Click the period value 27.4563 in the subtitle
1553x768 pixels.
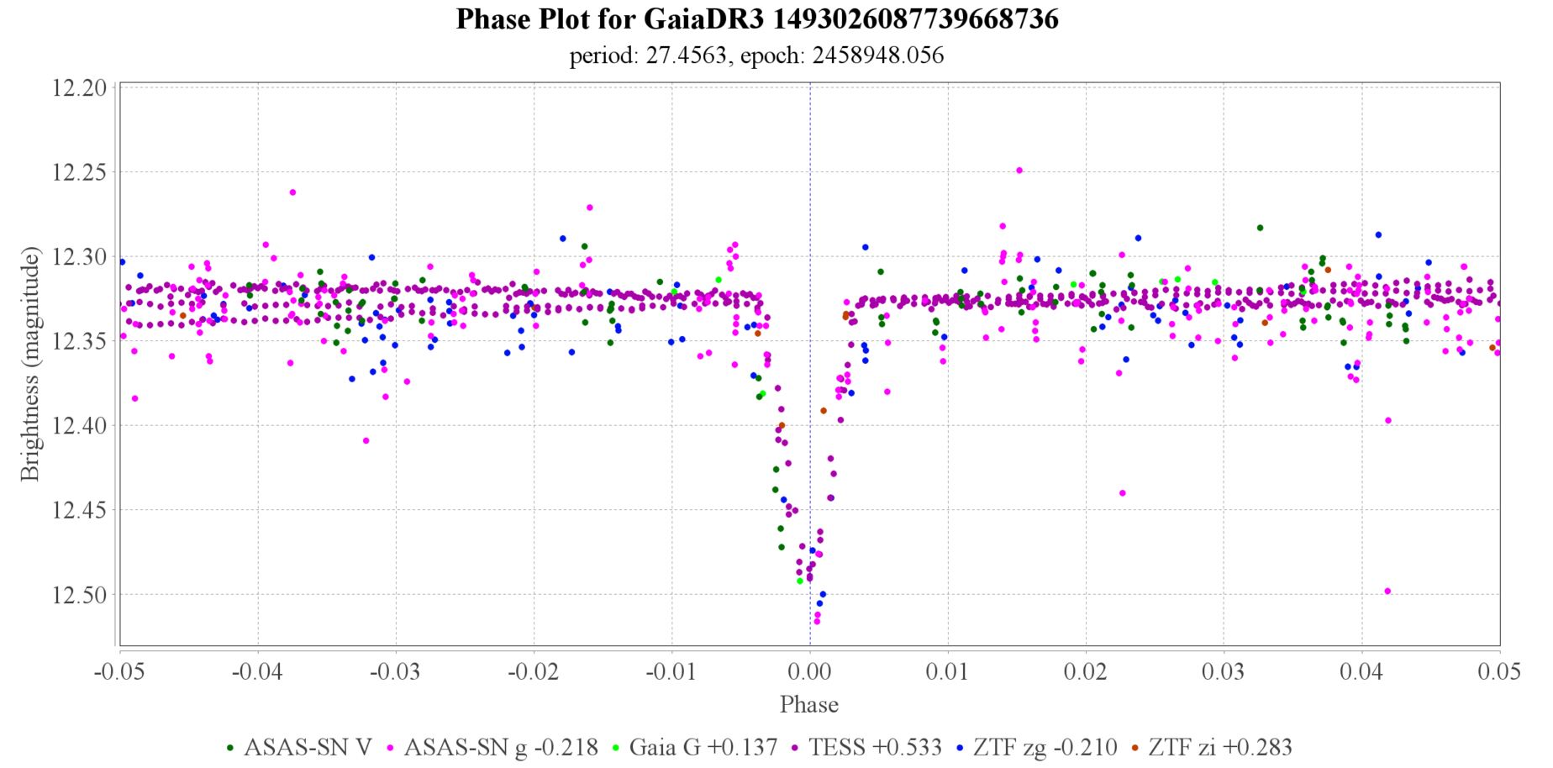click(674, 55)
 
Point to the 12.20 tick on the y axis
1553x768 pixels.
click(79, 88)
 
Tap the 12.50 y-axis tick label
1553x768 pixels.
click(79, 595)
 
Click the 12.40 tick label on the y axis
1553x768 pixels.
click(79, 426)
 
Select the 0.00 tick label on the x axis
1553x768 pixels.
click(809, 672)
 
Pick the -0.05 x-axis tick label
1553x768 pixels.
click(120, 672)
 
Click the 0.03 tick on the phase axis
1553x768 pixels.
click(1224, 672)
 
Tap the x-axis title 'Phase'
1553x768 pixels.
click(808, 704)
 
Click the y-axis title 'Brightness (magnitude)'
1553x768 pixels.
click(30, 363)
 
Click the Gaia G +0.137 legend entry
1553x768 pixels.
click(693, 747)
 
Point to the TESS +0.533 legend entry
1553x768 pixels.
click(866, 747)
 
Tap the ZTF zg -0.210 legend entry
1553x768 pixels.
click(1036, 747)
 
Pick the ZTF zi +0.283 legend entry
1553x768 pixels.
click(1210, 747)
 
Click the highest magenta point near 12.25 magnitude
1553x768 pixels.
click(1019, 170)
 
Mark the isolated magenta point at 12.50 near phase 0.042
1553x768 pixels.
click(1387, 592)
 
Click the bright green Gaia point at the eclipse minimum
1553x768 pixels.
click(799, 581)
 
